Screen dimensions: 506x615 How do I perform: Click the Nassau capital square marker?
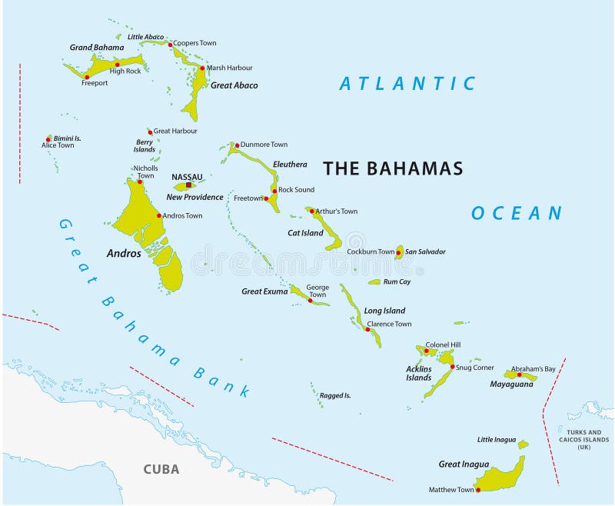pyautogui.click(x=188, y=185)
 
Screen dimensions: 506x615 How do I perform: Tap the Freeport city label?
pyautogui.click(x=95, y=83)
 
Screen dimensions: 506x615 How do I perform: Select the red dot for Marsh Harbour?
pyautogui.click(x=202, y=68)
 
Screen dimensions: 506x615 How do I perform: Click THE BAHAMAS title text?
pyautogui.click(x=393, y=168)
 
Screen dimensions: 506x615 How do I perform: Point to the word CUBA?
pyautogui.click(x=161, y=469)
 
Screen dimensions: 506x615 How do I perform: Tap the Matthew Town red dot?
pyautogui.click(x=478, y=490)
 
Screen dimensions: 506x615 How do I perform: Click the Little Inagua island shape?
pyautogui.click(x=523, y=444)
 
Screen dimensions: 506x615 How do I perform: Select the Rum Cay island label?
pyautogui.click(x=396, y=282)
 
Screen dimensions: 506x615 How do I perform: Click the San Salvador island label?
pyautogui.click(x=425, y=251)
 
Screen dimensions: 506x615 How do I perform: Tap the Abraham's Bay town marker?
pyautogui.click(x=519, y=375)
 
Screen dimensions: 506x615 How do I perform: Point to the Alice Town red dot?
pyautogui.click(x=48, y=140)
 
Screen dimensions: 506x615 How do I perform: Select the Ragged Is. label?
pyautogui.click(x=335, y=395)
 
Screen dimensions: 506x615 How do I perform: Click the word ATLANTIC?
pyautogui.click(x=407, y=83)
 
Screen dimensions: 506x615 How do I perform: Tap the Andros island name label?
pyautogui.click(x=124, y=253)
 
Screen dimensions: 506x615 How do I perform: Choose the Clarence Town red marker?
pyautogui.click(x=367, y=329)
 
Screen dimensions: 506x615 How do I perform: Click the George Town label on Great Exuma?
pyautogui.click(x=317, y=291)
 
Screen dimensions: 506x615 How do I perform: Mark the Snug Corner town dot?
pyautogui.click(x=453, y=367)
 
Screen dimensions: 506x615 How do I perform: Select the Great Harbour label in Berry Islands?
pyautogui.click(x=175, y=131)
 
